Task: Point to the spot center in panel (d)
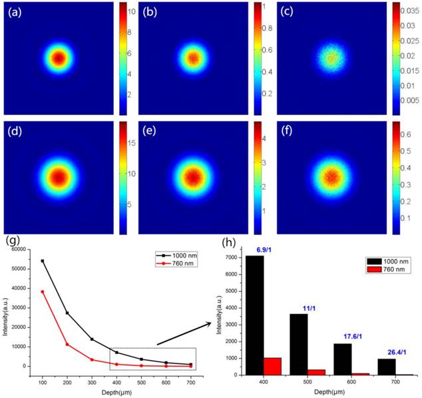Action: [59, 178]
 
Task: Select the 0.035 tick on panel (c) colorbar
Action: [405, 10]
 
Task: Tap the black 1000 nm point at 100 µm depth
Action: [43, 261]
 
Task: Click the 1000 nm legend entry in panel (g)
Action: [175, 255]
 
